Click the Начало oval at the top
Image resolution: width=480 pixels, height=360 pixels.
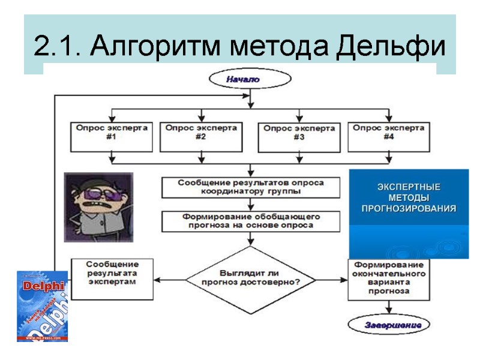249,79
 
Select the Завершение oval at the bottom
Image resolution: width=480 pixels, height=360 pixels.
389,325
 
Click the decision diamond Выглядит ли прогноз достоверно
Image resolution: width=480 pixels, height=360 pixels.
251,277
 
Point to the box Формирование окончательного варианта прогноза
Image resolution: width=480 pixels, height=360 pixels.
389,277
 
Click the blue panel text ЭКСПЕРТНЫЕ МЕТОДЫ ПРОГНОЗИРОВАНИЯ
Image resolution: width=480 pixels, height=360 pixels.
409,197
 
